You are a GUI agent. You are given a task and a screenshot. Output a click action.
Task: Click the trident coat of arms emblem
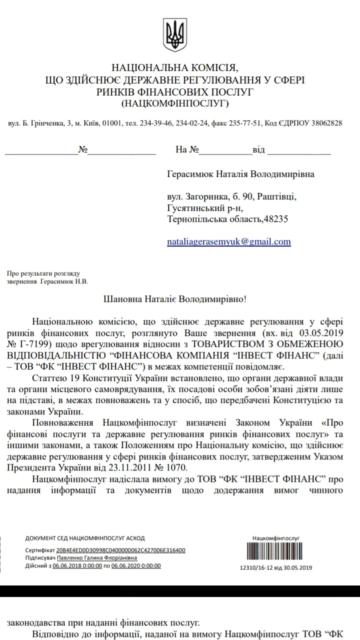(x=175, y=35)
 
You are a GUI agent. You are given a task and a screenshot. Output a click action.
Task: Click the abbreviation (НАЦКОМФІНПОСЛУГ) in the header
(x=175, y=103)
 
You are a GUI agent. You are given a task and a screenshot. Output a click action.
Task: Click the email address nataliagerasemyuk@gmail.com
(x=229, y=241)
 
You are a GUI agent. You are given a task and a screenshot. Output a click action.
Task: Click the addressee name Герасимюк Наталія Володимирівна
(x=241, y=174)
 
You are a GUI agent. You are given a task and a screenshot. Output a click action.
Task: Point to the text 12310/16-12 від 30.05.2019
(x=276, y=567)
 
